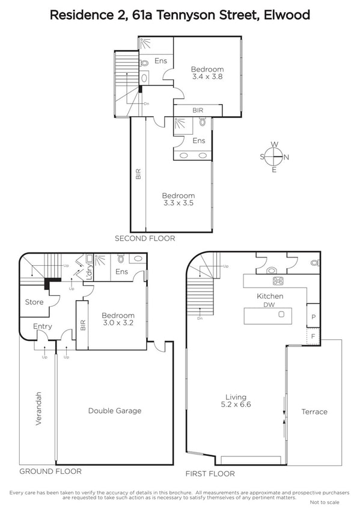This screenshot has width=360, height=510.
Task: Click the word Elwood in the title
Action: pyautogui.click(x=287, y=15)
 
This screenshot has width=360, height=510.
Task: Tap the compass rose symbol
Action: pyautogui.click(x=275, y=157)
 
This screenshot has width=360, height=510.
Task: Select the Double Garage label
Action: pyautogui.click(x=115, y=411)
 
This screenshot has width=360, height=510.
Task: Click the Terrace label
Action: pyautogui.click(x=314, y=412)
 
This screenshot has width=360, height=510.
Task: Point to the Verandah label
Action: pyautogui.click(x=38, y=408)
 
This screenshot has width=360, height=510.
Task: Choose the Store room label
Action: pyautogui.click(x=34, y=302)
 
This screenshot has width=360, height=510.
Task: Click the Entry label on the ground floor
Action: pyautogui.click(x=43, y=327)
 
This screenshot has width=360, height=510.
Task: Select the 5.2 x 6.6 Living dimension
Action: pyautogui.click(x=236, y=405)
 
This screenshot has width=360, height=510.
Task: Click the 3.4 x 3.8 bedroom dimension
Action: pyautogui.click(x=207, y=77)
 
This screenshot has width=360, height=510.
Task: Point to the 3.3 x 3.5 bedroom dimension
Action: pyautogui.click(x=178, y=203)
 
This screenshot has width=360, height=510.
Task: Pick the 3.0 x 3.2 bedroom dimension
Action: pyautogui.click(x=118, y=323)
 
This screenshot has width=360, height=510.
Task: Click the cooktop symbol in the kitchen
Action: pyautogui.click(x=278, y=281)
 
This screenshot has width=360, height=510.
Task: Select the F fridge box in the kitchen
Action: pyautogui.click(x=314, y=336)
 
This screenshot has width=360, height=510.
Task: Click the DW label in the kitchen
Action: pyautogui.click(x=269, y=305)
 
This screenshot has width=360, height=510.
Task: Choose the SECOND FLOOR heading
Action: pyautogui.click(x=145, y=238)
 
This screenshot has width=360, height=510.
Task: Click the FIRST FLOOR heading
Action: pyautogui.click(x=210, y=473)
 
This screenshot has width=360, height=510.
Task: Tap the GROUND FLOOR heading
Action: pyautogui.click(x=50, y=472)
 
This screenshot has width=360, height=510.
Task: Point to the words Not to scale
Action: pyautogui.click(x=325, y=502)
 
